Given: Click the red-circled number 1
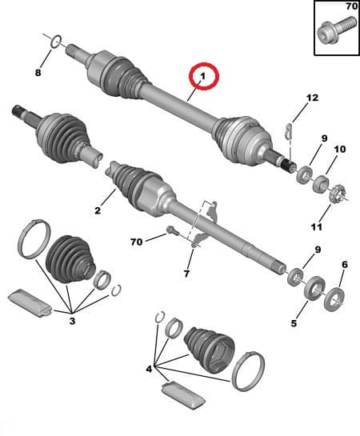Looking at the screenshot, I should [203, 77].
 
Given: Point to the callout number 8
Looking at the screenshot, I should [37, 73].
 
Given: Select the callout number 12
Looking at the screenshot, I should [312, 98].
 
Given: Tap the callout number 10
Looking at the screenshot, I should [339, 149].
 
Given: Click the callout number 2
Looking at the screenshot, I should [97, 210].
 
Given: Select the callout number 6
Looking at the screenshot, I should [344, 264].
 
